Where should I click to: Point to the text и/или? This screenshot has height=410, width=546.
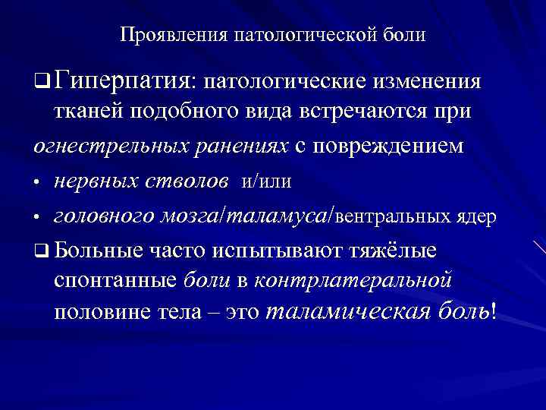point(266,181)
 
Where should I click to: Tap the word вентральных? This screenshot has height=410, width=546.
point(389,217)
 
